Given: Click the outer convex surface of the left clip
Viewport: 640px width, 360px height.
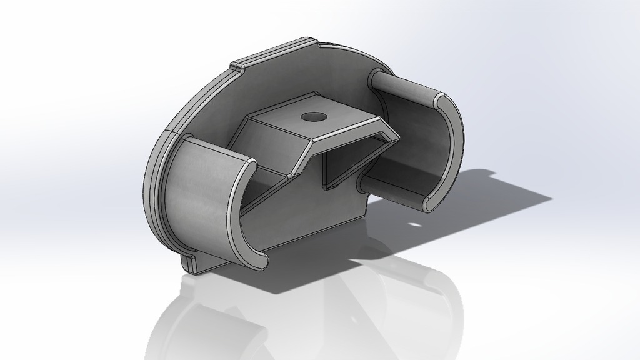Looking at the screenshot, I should pos(197,200).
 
